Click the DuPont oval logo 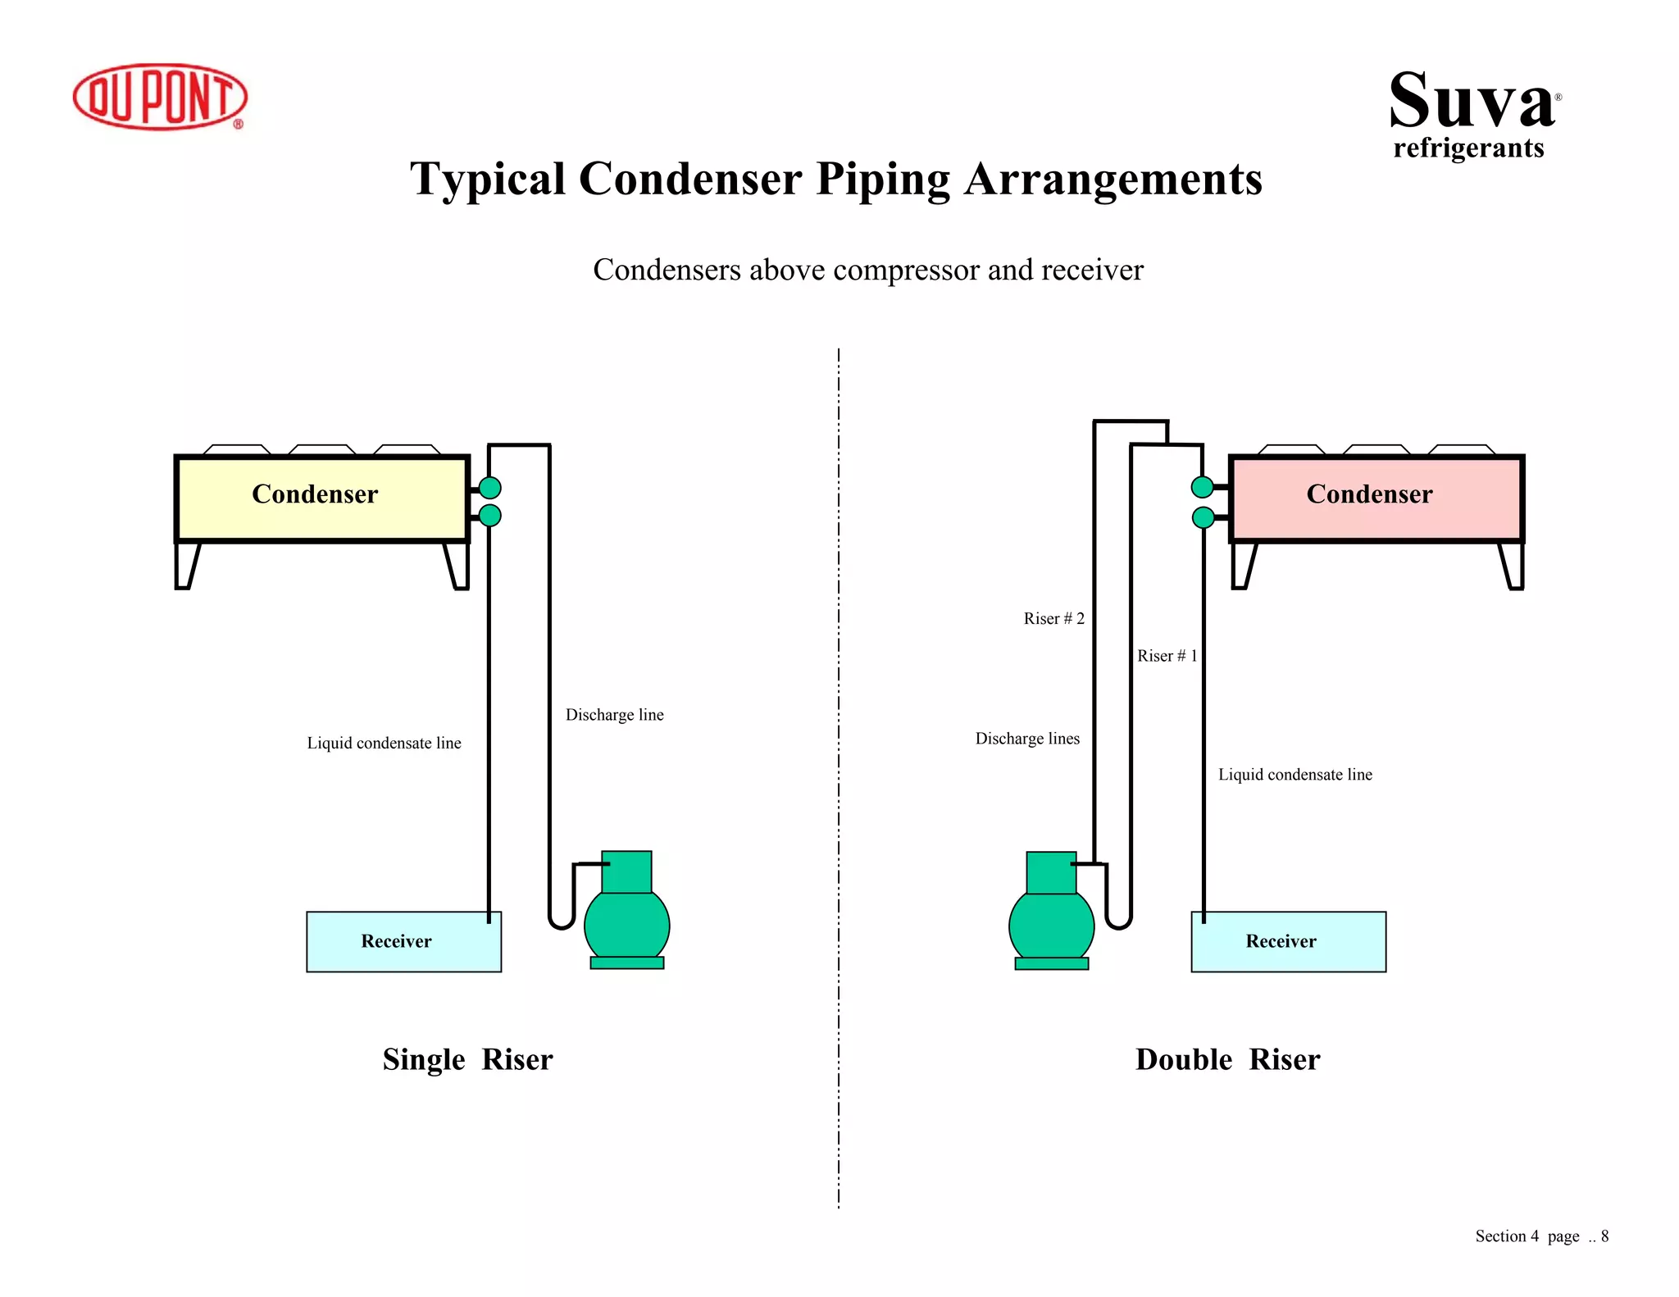[x=160, y=97]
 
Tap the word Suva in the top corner [x=1472, y=102]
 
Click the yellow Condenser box [x=321, y=498]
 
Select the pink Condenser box [x=1376, y=498]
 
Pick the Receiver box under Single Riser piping [x=403, y=941]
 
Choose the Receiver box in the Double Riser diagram [x=1288, y=941]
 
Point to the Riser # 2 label [x=1053, y=618]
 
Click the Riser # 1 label [x=1167, y=656]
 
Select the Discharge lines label [x=1027, y=739]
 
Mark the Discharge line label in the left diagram [x=614, y=715]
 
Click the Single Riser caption [x=467, y=1059]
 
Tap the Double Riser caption [x=1227, y=1059]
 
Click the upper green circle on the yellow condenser [x=490, y=488]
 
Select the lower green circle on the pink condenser [x=1203, y=517]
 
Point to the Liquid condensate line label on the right [x=1295, y=775]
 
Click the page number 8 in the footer [x=1604, y=1236]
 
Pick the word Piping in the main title [x=883, y=180]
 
